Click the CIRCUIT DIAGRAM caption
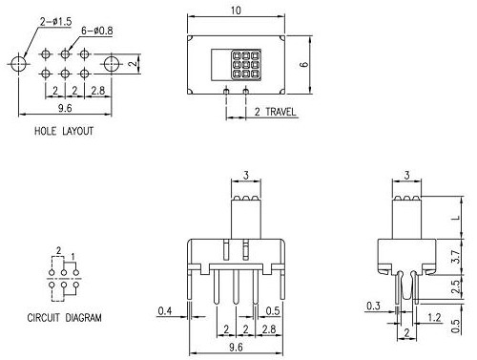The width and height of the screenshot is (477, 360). click(x=65, y=317)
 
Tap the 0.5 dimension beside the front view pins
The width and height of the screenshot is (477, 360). click(x=273, y=311)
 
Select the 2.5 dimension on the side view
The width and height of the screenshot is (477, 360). click(x=455, y=284)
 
